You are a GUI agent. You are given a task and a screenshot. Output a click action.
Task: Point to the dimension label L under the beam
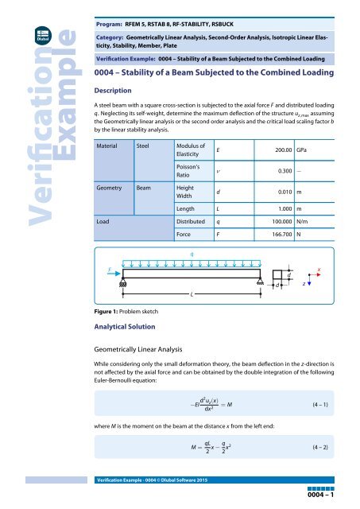pyautogui.click(x=191, y=294)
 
